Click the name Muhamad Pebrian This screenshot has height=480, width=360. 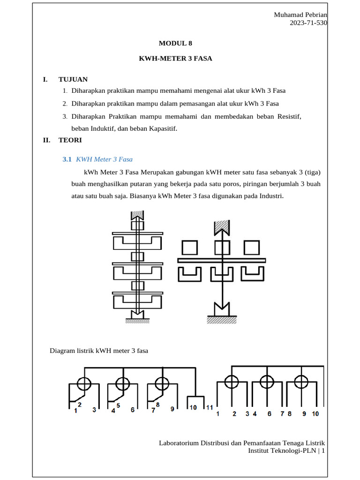300,15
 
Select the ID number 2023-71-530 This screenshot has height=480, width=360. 309,23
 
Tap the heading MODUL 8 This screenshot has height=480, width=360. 175,43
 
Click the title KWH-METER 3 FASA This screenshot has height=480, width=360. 175,59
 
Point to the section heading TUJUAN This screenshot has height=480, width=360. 73,79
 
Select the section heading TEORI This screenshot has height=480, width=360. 70,140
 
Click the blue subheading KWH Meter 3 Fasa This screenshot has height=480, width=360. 107,159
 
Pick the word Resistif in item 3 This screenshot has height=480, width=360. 289,116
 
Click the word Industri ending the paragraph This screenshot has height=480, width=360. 270,196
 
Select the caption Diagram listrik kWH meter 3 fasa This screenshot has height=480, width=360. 99,350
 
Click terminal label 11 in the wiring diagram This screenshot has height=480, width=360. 210,407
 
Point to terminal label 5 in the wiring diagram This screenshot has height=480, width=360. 118,405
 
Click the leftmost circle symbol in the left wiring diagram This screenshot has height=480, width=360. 84,383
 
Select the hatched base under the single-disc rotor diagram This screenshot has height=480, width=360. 221,319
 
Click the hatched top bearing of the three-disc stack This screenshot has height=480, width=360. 137,215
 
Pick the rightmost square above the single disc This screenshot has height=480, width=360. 252,247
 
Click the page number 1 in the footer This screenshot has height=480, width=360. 323,450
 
